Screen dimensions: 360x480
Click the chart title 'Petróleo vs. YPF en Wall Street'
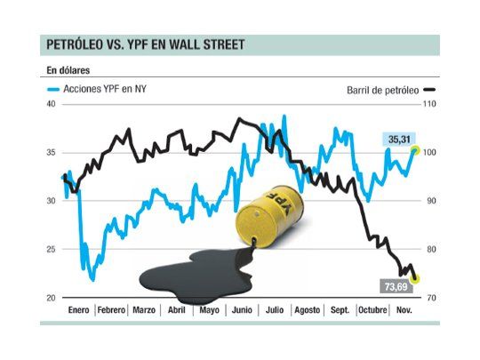(x=147, y=44)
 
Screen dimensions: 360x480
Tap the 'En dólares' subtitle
(x=68, y=69)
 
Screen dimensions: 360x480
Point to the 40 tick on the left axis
(x=50, y=105)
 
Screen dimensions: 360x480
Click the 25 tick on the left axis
(x=50, y=250)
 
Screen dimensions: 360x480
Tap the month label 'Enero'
(x=78, y=310)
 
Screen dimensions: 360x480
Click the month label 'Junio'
(x=241, y=310)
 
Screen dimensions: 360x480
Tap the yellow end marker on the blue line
(x=414, y=150)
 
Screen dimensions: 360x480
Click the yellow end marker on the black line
(x=415, y=278)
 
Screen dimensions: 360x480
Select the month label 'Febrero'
(x=111, y=310)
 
